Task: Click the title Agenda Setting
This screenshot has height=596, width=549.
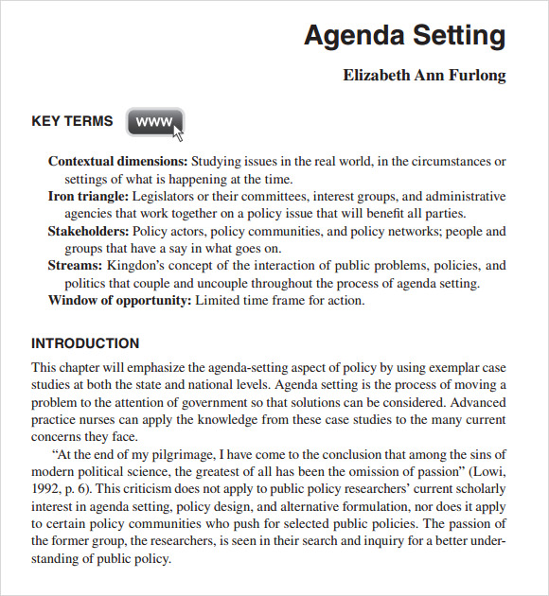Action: click(404, 36)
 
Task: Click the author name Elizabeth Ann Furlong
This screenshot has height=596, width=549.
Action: click(424, 76)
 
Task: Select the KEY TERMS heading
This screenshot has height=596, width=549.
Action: click(72, 121)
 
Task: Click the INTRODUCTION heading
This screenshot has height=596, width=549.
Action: click(85, 343)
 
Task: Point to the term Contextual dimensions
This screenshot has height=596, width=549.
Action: click(117, 162)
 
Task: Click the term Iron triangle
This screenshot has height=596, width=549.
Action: click(88, 197)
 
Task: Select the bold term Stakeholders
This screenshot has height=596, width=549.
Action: click(88, 231)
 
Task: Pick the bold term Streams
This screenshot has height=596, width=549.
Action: click(75, 266)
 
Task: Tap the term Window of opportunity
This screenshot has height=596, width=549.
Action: click(119, 301)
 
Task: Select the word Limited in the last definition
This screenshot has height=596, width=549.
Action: click(219, 301)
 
